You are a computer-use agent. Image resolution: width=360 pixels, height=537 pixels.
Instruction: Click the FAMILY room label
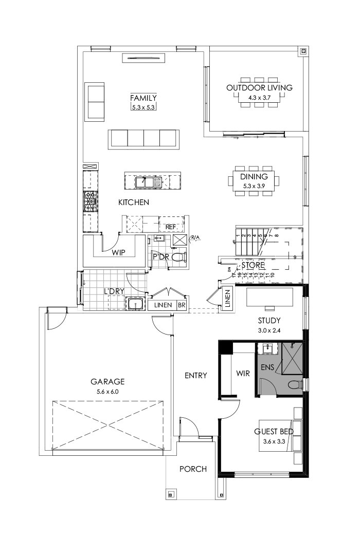coord(143,98)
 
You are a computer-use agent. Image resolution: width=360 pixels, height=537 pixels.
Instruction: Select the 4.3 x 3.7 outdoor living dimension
coord(259,97)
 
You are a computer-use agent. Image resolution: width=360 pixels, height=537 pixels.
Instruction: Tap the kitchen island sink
coord(142,181)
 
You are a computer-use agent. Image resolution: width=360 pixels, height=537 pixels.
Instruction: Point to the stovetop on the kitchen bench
coord(91,201)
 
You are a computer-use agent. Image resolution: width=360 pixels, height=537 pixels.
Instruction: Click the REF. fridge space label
coord(171,227)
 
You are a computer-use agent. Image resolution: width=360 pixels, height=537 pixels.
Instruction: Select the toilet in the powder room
coord(178,257)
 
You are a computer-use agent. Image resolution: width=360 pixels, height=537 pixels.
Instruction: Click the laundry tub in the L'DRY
coord(136,304)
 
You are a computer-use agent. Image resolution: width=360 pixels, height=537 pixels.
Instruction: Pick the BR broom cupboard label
coord(181,305)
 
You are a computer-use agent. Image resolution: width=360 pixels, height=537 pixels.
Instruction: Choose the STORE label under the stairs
coord(253,265)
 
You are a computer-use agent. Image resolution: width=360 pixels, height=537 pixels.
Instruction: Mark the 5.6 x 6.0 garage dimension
coord(107,391)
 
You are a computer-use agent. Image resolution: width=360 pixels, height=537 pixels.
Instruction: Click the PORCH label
coord(193,469)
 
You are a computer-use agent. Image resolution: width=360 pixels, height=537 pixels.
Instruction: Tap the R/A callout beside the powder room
coord(196,237)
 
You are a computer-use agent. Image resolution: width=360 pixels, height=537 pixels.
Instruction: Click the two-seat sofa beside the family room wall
coord(95,102)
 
